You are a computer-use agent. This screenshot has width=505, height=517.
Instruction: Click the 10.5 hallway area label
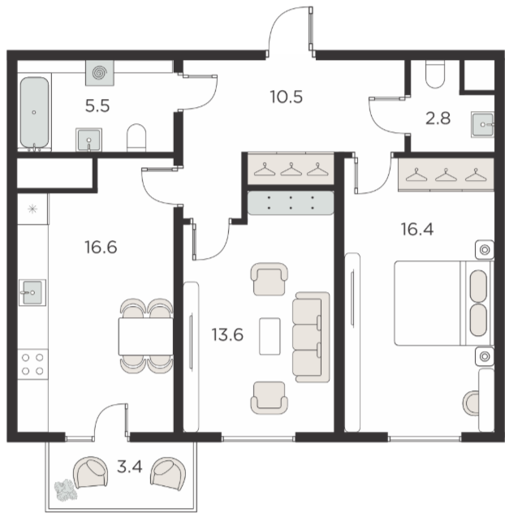[286, 97]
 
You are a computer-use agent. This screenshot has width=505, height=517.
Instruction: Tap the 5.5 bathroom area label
[97, 106]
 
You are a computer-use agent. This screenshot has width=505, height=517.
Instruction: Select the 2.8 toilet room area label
[438, 118]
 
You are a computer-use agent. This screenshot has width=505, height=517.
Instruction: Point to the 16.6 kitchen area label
[101, 247]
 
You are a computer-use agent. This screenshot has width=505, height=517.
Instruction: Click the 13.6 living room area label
[227, 334]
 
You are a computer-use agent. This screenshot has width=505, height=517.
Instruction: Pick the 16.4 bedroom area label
[417, 229]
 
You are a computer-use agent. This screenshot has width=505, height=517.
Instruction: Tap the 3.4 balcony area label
[130, 467]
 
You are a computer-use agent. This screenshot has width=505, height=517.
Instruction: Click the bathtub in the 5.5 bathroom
[34, 113]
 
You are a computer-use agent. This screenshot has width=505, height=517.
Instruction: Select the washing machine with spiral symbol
[100, 73]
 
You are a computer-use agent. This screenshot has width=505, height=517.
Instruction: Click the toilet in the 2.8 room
[435, 74]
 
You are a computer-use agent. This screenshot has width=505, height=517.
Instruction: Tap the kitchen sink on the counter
[32, 292]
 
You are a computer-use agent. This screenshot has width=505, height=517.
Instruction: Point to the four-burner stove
[32, 364]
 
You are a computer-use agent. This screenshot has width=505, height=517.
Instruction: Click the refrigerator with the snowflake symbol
[32, 209]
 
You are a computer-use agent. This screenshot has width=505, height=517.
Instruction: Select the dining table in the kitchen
[146, 336]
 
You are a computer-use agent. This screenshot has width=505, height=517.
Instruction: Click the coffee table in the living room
[270, 336]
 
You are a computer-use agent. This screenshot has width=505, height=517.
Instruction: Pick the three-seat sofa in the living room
[311, 337]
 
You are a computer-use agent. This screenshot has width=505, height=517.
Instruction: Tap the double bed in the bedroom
[444, 304]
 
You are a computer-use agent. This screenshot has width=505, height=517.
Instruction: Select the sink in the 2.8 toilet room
[482, 125]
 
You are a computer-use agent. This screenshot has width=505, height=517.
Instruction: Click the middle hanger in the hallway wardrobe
[291, 169]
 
